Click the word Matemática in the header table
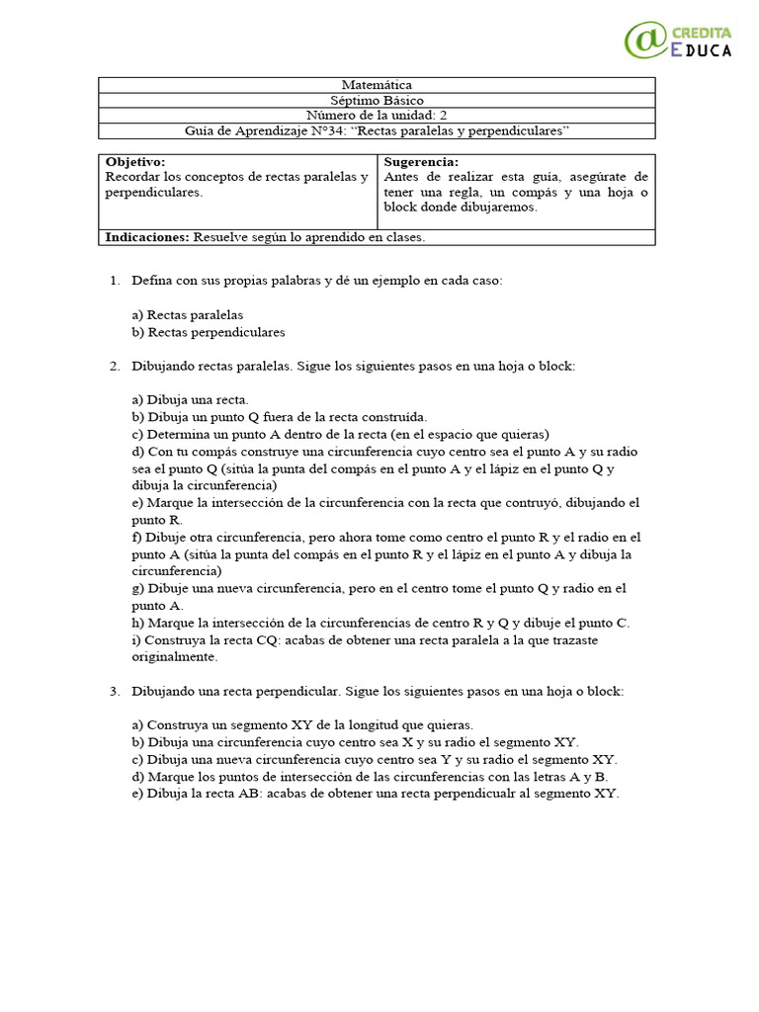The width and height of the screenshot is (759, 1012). coord(377,85)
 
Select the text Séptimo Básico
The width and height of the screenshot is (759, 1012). coord(377,100)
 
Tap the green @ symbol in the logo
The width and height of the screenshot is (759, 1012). coord(645,40)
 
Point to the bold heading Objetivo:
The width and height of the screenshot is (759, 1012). coord(135,162)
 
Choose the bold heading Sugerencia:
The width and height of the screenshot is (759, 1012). coord(421,162)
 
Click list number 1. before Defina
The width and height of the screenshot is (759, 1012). coord(115,281)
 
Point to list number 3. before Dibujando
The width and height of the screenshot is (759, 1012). coord(115,691)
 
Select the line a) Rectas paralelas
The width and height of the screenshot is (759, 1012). coord(188,314)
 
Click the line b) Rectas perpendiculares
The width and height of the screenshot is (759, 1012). coord(209,332)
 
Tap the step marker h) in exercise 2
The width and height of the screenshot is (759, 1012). coord(137,623)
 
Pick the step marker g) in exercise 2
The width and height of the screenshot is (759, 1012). coord(137,588)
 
